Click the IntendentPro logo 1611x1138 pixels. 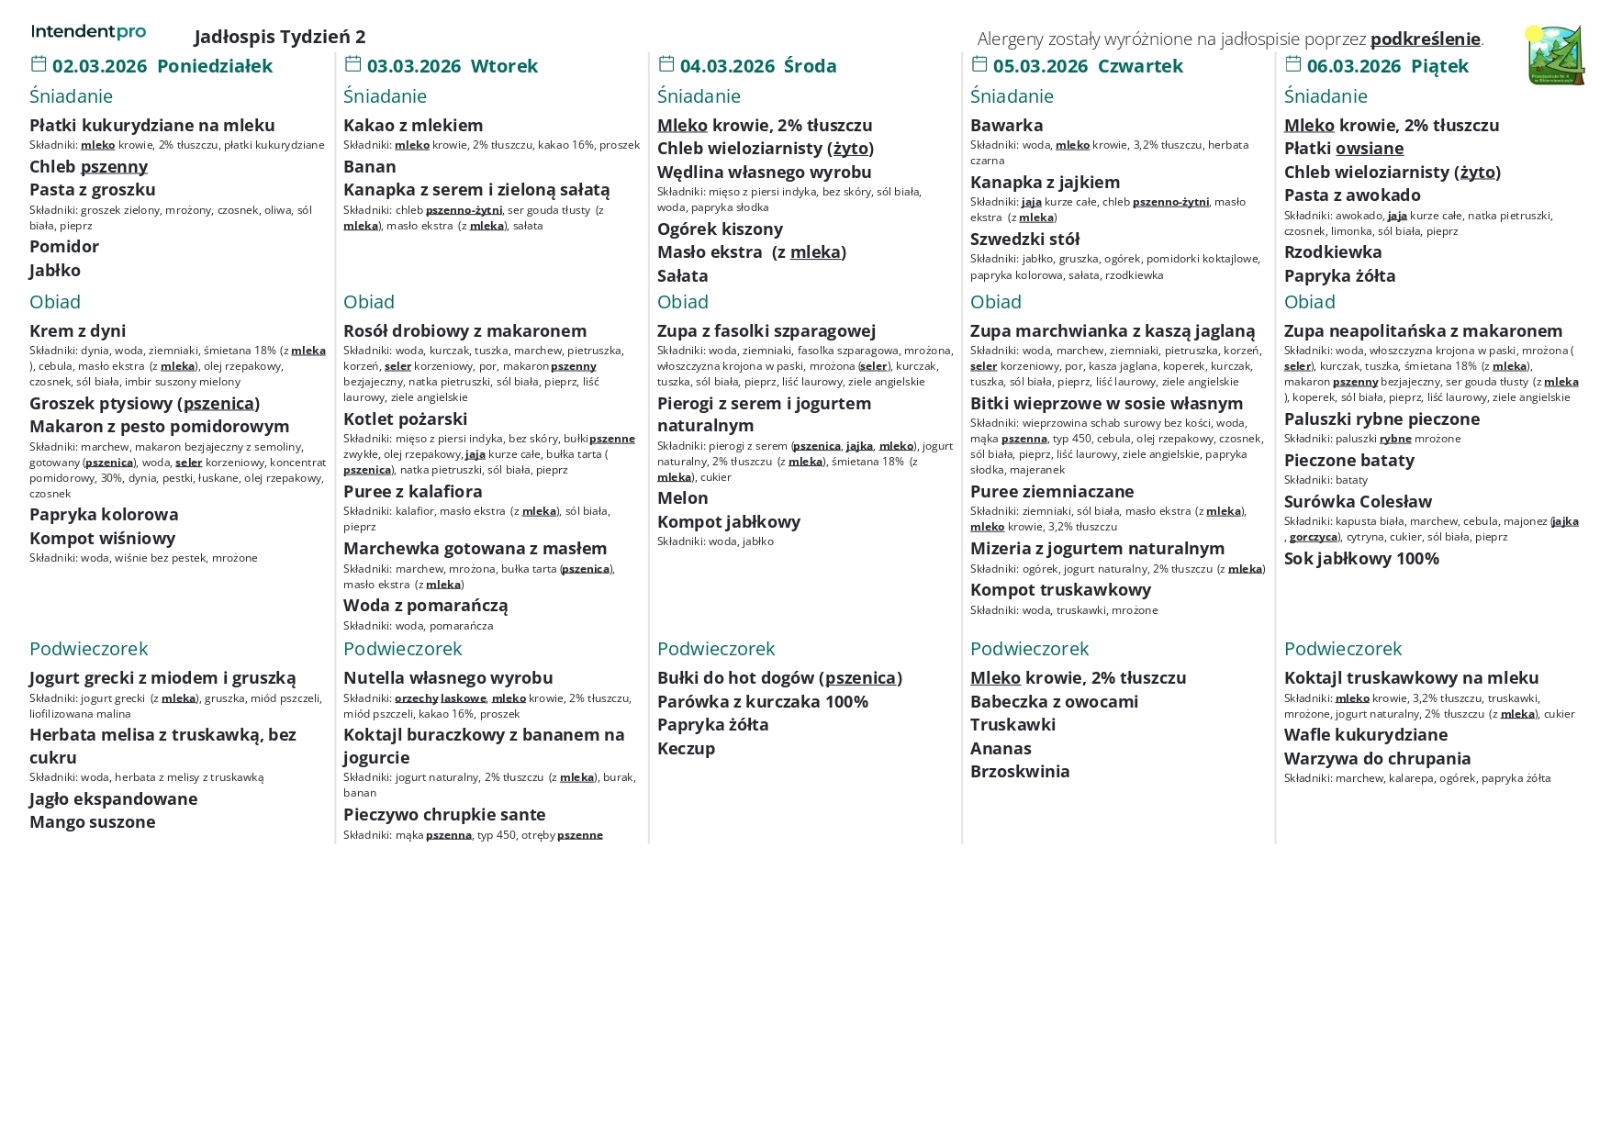coord(88,32)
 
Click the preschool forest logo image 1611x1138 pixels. coord(1555,55)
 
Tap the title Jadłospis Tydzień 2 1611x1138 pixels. coord(280,37)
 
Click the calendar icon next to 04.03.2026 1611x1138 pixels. coord(666,64)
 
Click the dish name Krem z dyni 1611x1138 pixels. coord(78,331)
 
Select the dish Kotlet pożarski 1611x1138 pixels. coord(405,419)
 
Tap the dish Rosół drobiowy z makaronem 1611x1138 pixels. coord(464,331)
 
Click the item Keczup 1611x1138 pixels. coord(686,749)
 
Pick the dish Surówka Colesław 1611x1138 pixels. coord(1358,502)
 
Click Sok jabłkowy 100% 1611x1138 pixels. coord(1361,559)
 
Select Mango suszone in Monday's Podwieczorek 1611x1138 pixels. coord(92,822)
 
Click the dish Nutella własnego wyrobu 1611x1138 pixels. coord(448,678)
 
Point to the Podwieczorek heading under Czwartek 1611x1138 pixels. coord(1029,649)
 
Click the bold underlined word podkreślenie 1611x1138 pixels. coord(1425,39)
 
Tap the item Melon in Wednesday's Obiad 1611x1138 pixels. coord(682,498)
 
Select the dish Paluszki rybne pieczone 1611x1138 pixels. coord(1382,419)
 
